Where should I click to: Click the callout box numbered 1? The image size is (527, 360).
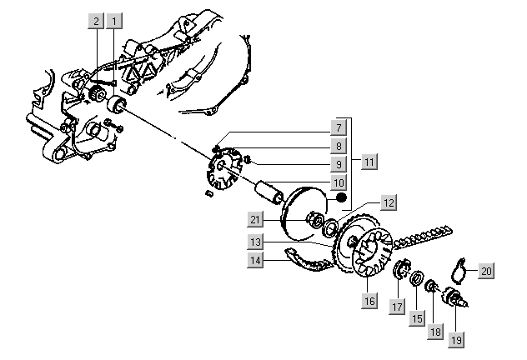[x=115, y=20]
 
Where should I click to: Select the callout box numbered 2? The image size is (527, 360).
[x=97, y=20]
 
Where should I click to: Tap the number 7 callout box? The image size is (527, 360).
[x=339, y=128]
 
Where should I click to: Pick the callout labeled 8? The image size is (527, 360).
[x=339, y=146]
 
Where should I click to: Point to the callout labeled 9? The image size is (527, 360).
[x=339, y=163]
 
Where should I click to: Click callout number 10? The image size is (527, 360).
[x=339, y=182]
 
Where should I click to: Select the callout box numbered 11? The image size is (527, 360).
[x=368, y=158]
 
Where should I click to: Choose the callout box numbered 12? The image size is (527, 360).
[x=388, y=202]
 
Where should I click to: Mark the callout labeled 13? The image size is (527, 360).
[x=257, y=242]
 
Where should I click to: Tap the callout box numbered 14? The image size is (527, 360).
[x=257, y=260]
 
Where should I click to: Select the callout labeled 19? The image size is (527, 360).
[x=458, y=339]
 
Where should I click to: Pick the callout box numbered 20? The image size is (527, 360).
[x=486, y=270]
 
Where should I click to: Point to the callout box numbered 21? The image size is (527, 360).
[x=257, y=220]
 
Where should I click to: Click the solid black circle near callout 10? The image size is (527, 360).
[x=340, y=200]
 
